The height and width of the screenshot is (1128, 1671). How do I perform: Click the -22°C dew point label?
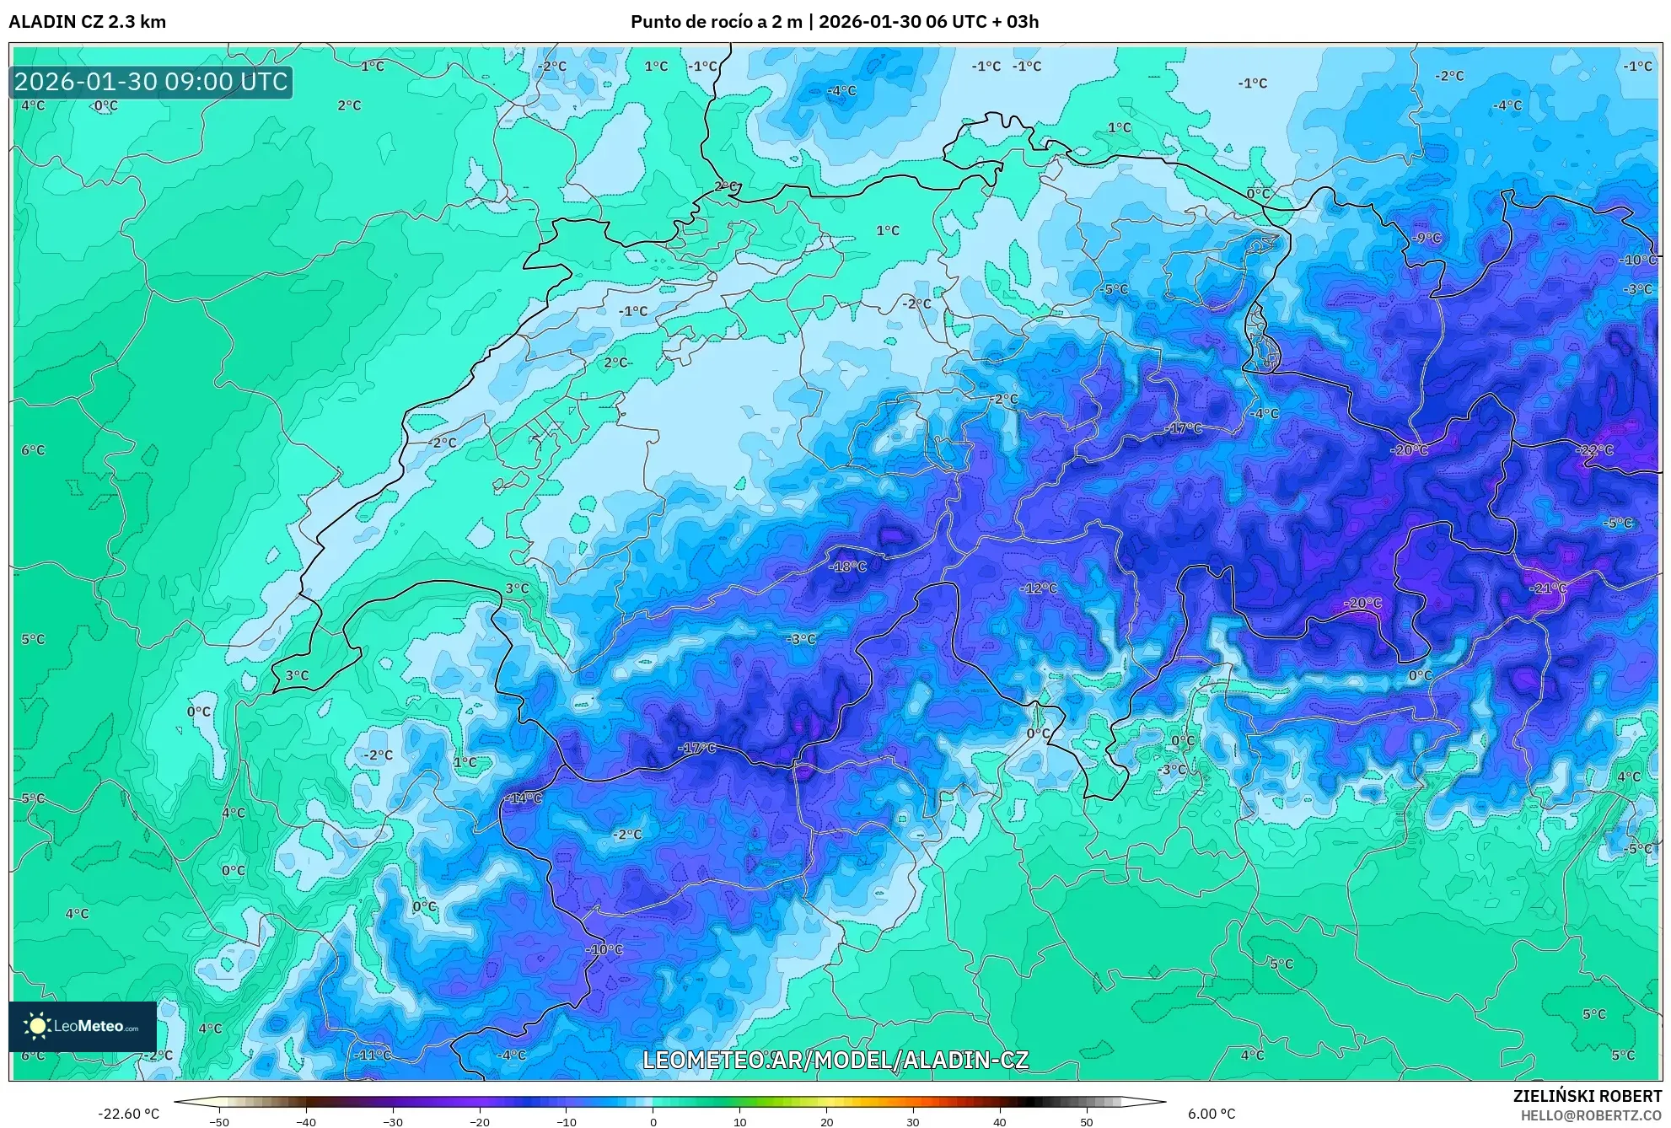pos(1593,450)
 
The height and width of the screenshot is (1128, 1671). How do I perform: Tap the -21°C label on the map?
pos(1548,588)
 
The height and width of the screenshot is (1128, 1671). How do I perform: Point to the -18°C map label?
pos(847,567)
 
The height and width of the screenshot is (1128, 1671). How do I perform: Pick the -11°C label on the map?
pos(372,1055)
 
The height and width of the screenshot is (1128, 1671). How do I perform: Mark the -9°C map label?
pos(1427,238)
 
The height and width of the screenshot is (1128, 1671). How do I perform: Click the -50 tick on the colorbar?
pos(219,1121)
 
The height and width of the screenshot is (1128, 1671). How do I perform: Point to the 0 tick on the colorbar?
pos(653,1121)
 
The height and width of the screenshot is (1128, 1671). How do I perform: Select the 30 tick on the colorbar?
pos(913,1121)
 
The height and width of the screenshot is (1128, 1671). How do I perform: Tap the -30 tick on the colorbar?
pos(393,1121)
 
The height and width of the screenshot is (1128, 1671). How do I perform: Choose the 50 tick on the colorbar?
pos(1087,1121)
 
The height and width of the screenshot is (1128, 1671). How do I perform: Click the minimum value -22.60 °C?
pos(128,1114)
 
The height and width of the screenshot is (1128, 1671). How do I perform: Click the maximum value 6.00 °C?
pos(1211,1114)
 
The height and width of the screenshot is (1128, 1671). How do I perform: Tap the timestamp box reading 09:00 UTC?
pos(151,82)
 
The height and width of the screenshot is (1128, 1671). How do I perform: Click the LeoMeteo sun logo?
pos(37,1026)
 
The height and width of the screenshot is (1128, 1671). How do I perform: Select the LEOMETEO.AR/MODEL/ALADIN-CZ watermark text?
pos(835,1060)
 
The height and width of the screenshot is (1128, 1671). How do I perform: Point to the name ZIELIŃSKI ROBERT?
pos(1587,1096)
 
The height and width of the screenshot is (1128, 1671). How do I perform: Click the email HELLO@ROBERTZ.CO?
pos(1591,1115)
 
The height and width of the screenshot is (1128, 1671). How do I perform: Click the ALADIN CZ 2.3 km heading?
pos(87,22)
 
